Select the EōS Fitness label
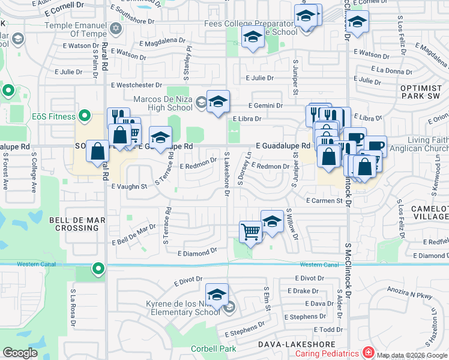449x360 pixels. pos(54,116)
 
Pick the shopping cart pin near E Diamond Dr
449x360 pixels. pos(250,232)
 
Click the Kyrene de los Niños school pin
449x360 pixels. pos(216,294)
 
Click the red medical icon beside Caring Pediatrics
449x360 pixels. pos(367,353)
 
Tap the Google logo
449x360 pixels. pos(20,353)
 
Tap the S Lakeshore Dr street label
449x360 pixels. pos(226,174)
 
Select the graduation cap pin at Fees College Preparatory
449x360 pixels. pos(253,38)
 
